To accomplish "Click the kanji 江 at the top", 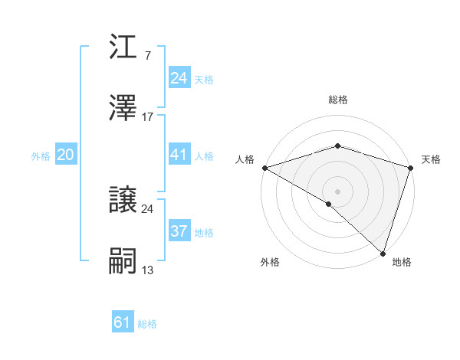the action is [x=123, y=47].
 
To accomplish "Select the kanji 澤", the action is [x=123, y=110].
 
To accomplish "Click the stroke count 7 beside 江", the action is [x=147, y=55].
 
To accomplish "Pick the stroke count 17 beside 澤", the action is [x=148, y=117].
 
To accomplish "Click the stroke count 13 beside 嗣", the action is [x=148, y=270].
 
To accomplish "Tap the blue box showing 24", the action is [x=179, y=78].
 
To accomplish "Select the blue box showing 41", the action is [x=179, y=155].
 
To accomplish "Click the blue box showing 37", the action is [x=179, y=231].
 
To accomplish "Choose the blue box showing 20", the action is [x=65, y=155].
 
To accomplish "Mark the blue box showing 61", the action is [x=122, y=322].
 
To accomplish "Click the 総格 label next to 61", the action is [x=147, y=324].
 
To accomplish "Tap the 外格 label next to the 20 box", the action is [x=41, y=156].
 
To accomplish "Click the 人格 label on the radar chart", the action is [x=245, y=159].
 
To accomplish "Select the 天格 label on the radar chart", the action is [x=431, y=159].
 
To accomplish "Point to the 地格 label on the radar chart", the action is [x=402, y=262].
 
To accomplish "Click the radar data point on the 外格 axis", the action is [x=329, y=205].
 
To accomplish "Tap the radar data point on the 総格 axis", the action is [x=337, y=146].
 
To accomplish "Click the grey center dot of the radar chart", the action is [x=337, y=191].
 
